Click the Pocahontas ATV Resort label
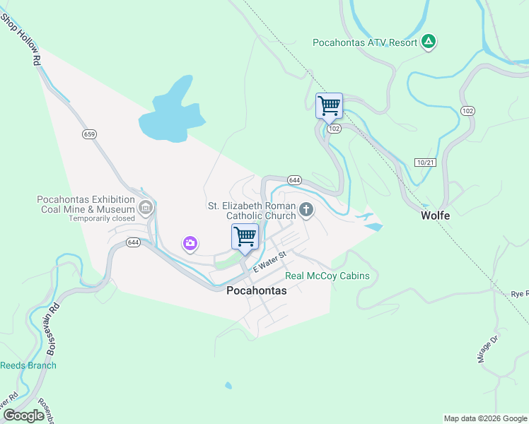click(x=365, y=42)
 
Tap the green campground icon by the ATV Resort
click(x=428, y=42)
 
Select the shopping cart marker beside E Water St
click(x=245, y=237)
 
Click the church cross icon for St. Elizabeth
click(x=306, y=209)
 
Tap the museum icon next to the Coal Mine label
click(x=146, y=208)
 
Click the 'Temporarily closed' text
click(x=101, y=218)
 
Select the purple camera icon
click(x=190, y=244)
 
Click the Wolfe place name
click(x=436, y=215)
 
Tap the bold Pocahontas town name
click(x=257, y=290)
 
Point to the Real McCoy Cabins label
click(x=327, y=276)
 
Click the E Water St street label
click(x=269, y=261)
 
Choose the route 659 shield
click(x=88, y=134)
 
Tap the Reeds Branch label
click(x=28, y=365)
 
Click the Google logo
click(x=23, y=416)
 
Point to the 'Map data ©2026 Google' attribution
click(x=485, y=418)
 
